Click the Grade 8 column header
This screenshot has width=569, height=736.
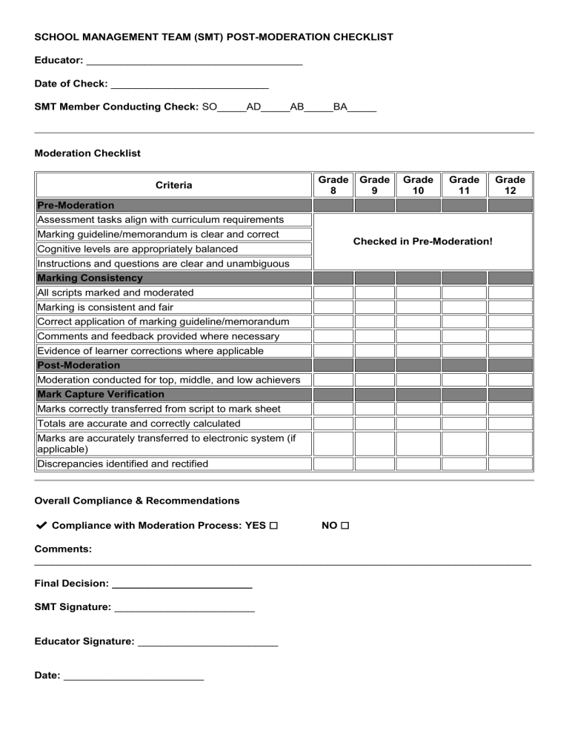click(x=333, y=185)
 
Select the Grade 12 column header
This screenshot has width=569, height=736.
click(x=510, y=185)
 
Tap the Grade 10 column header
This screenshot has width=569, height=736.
click(x=418, y=185)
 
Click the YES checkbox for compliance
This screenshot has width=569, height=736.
click(x=273, y=526)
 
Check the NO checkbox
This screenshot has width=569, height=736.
click(x=345, y=526)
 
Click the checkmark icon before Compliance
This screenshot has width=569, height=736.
click(x=41, y=525)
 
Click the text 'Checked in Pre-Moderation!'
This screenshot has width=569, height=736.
click(x=422, y=241)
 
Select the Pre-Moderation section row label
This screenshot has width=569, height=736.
click(x=76, y=205)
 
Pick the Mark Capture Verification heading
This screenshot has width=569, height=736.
click(x=101, y=394)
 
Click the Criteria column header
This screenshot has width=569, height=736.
click(x=173, y=185)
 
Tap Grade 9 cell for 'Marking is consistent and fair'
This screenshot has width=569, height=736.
click(x=374, y=307)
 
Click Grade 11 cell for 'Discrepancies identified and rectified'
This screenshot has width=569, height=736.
click(x=464, y=464)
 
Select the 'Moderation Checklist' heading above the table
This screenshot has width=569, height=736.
click(x=87, y=153)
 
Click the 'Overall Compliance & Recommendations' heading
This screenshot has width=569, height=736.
click(x=137, y=501)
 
